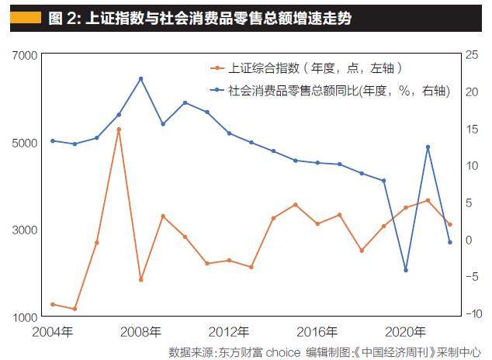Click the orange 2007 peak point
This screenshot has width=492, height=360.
pyautogui.click(x=119, y=129)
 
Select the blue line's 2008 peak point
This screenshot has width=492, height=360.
pyautogui.click(x=140, y=78)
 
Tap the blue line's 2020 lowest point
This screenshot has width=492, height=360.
pyautogui.click(x=406, y=270)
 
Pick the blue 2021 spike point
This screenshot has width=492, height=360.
pyautogui.click(x=428, y=147)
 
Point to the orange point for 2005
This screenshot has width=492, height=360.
pyautogui.click(x=74, y=309)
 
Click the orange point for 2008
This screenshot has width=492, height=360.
pyautogui.click(x=140, y=279)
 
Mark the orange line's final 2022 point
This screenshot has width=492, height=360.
pyautogui.click(x=450, y=224)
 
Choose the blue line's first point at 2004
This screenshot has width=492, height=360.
pyautogui.click(x=52, y=140)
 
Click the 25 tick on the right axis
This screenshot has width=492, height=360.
pyautogui.click(x=472, y=56)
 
